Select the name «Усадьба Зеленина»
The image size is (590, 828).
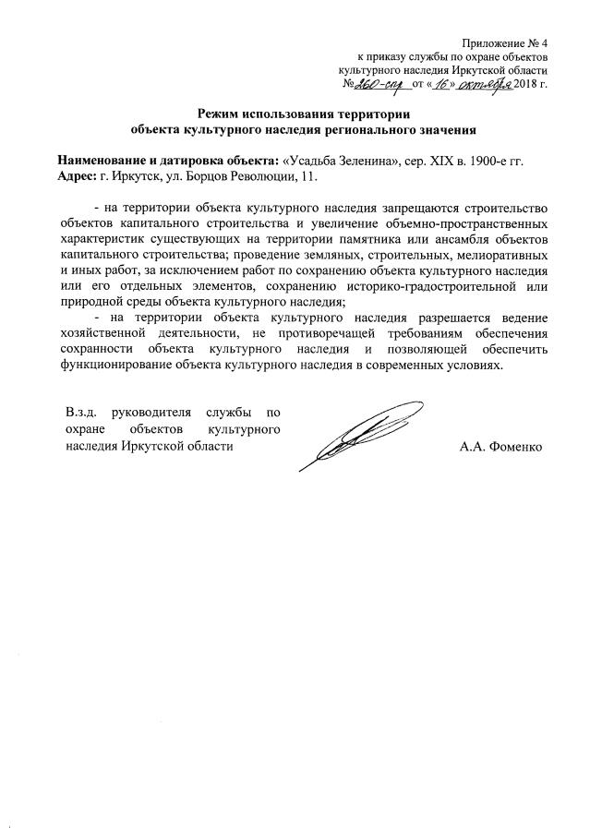click(x=337, y=161)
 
